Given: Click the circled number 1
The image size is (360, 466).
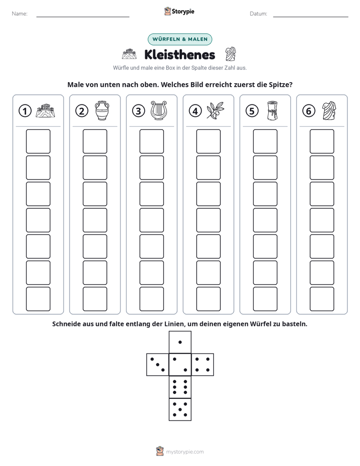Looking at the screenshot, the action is [x=25, y=111].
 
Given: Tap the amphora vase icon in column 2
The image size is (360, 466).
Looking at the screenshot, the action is [x=102, y=110].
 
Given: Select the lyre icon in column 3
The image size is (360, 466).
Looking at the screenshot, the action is [x=159, y=110].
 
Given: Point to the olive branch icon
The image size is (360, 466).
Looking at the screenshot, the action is [x=215, y=110].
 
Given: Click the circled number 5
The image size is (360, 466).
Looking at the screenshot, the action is [x=252, y=111].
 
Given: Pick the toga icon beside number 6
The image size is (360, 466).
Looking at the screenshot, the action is [x=329, y=110].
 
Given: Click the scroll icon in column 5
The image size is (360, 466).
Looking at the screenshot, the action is [x=272, y=110].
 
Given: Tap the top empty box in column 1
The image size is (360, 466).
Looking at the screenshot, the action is [x=38, y=141].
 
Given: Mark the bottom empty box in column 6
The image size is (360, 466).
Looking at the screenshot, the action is [x=322, y=299].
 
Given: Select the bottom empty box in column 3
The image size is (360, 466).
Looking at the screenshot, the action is [x=151, y=299].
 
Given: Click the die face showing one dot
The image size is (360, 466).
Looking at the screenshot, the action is [x=180, y=342].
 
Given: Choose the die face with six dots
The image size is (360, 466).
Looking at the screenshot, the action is [x=180, y=387].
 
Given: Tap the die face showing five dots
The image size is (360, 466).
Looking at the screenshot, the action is [x=180, y=410].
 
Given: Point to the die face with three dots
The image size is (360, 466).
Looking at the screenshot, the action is [x=158, y=365].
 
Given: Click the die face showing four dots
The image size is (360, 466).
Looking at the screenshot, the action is [x=203, y=365].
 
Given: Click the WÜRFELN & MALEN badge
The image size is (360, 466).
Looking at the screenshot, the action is [x=180, y=39].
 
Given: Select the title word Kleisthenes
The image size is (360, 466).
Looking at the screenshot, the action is [x=179, y=54].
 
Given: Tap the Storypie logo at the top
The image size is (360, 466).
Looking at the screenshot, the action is [x=179, y=11].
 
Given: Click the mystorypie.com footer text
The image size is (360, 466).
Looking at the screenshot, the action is [x=185, y=452].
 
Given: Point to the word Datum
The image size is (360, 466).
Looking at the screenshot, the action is [x=258, y=14].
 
